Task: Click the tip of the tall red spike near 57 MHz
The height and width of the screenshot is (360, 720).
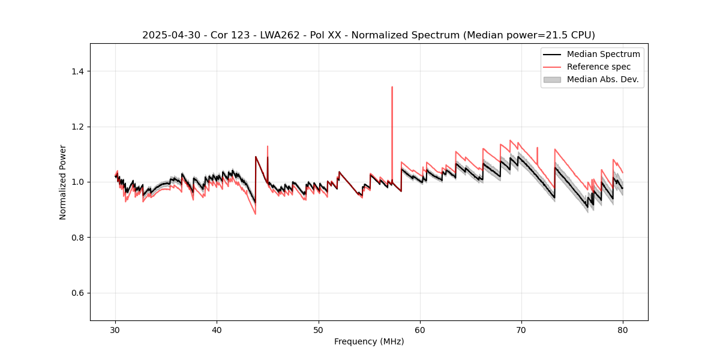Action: click(x=392, y=86)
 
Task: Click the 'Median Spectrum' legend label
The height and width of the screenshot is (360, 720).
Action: click(x=603, y=54)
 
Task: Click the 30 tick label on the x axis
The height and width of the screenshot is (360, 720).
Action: click(x=116, y=329)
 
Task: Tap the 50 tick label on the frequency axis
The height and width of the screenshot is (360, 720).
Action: click(x=319, y=329)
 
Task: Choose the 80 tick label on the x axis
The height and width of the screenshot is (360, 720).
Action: click(x=623, y=329)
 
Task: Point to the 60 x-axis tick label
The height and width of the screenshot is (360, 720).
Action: click(x=420, y=329)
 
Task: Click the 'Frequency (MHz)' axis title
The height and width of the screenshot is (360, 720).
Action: click(x=369, y=341)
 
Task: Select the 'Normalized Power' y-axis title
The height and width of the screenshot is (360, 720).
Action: click(x=63, y=182)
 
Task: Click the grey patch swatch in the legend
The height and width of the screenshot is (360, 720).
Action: click(x=552, y=79)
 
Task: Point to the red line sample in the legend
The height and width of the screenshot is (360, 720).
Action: click(x=552, y=67)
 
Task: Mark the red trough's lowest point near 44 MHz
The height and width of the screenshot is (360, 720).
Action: click(x=255, y=214)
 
